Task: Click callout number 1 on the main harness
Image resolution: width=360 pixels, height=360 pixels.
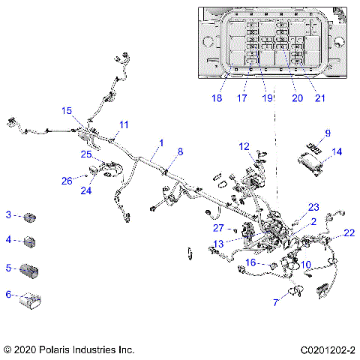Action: (x=161, y=142)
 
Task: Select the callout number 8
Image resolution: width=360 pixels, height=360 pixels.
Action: (x=179, y=151)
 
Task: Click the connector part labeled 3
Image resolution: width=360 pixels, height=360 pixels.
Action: (x=31, y=217)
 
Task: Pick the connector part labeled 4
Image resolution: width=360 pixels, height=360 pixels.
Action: (x=31, y=241)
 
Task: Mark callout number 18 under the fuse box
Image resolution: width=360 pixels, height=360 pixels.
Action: (x=217, y=97)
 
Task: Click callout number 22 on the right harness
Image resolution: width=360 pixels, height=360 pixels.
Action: (x=349, y=233)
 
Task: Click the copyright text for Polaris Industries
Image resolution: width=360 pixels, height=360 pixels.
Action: (x=68, y=349)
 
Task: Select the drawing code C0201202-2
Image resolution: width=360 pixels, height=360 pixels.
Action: (x=328, y=349)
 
